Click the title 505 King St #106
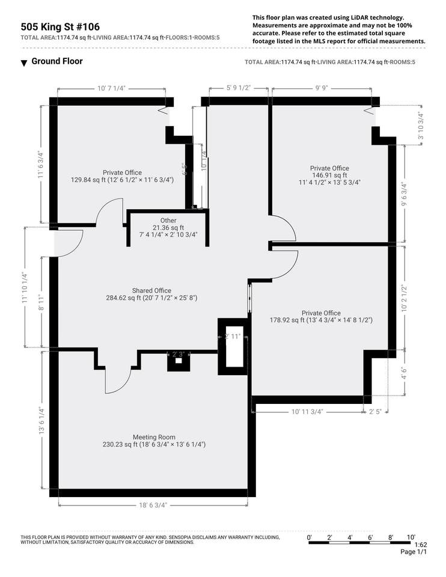[x=60, y=27]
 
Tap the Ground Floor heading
[x=57, y=61]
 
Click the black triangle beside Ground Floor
[x=24, y=63]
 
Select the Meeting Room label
[x=154, y=437]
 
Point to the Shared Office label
[x=151, y=290]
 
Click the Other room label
[x=168, y=221]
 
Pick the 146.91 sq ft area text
[x=329, y=175]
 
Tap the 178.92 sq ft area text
[x=287, y=320]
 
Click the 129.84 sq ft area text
[x=88, y=180]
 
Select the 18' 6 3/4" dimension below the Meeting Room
[x=153, y=505]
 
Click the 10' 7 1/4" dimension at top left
[x=112, y=88]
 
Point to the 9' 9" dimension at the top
[x=322, y=88]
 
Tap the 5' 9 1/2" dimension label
[x=239, y=88]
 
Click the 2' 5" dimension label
[x=375, y=411]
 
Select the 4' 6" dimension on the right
[x=404, y=373]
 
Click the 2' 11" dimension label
[x=233, y=337]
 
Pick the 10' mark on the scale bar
[x=411, y=537]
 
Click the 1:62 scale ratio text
[x=421, y=545]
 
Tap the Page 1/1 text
[x=414, y=552]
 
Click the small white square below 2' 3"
[x=179, y=361]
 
